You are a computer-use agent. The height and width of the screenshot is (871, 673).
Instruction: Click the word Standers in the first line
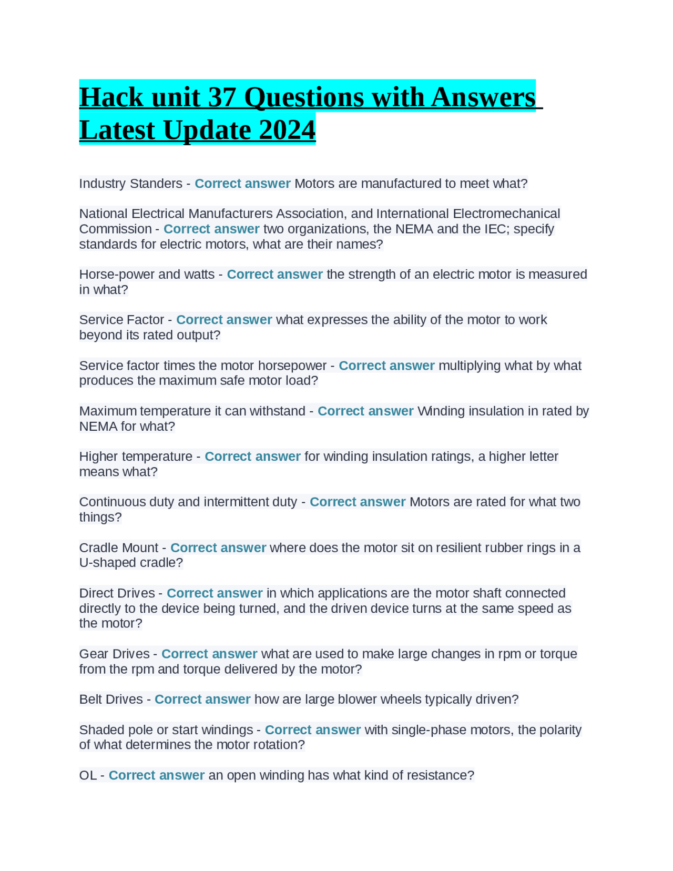(x=156, y=184)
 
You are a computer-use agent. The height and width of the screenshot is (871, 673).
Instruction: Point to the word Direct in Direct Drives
(x=96, y=593)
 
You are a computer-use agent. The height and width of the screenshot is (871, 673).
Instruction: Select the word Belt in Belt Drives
(x=90, y=700)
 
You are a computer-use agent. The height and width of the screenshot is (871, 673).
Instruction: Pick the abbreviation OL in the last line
(x=87, y=775)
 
